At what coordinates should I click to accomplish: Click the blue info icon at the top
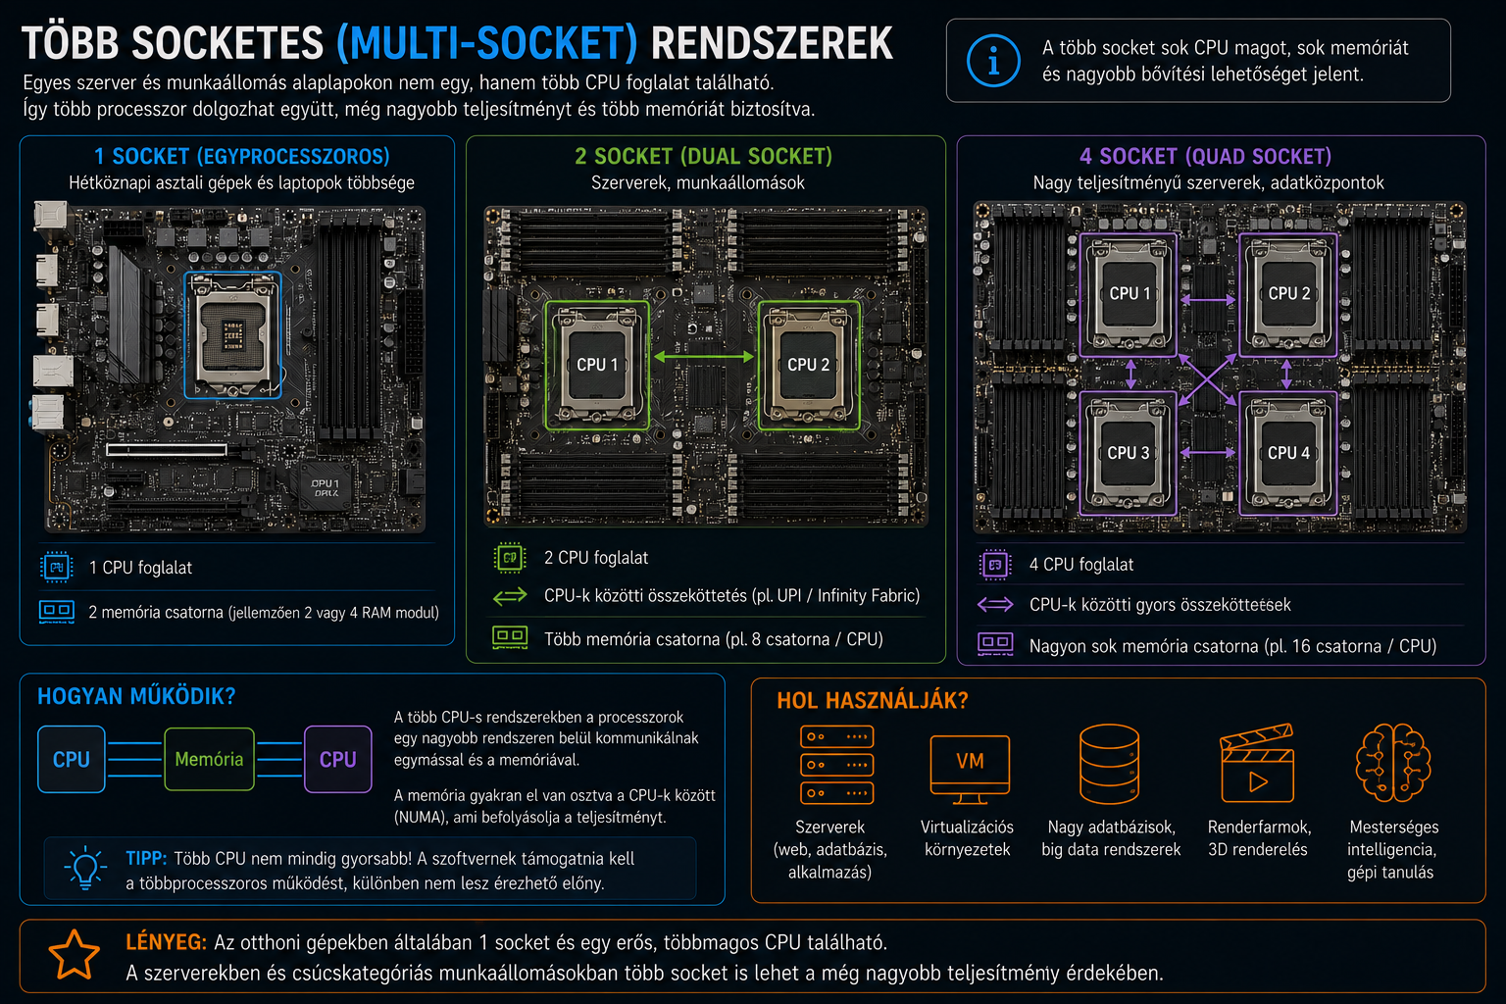click(993, 61)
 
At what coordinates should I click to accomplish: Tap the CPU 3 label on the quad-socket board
click(1129, 453)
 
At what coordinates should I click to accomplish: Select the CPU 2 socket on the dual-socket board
click(809, 365)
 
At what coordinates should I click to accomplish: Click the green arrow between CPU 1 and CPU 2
click(703, 357)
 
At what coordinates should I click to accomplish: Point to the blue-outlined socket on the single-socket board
click(232, 335)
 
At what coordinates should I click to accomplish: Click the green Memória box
click(209, 759)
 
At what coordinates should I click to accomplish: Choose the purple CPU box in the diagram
click(337, 759)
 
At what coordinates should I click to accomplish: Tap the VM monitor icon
click(970, 769)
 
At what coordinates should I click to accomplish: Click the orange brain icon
click(1393, 763)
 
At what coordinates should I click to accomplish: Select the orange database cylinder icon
click(1109, 764)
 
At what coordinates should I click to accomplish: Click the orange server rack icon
click(837, 765)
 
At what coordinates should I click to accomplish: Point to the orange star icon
click(74, 955)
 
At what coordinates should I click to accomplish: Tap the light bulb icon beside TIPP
click(85, 868)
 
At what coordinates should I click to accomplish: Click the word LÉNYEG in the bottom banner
click(166, 942)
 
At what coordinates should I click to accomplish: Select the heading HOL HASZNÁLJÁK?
click(873, 701)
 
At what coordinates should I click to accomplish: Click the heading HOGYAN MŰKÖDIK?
click(136, 696)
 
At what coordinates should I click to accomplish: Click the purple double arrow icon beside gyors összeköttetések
click(995, 605)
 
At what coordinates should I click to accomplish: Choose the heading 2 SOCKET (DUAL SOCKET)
click(703, 156)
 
